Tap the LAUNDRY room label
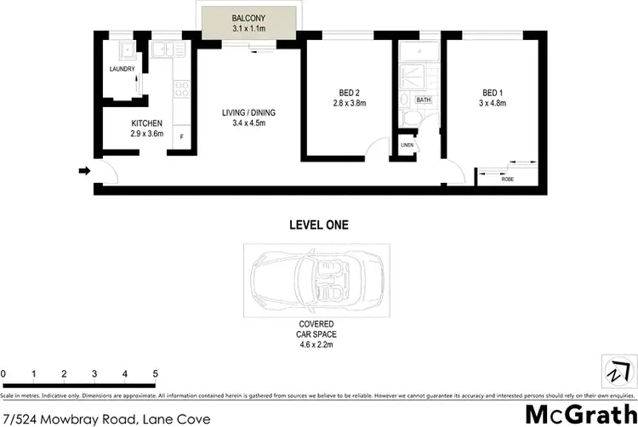120,70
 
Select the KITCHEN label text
122,123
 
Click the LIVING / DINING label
248,112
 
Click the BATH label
423,100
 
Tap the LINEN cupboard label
407,145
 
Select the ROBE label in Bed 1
507,179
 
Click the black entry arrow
84,171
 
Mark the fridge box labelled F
180,137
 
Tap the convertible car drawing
316,281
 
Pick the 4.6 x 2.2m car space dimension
316,345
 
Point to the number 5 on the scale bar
156,374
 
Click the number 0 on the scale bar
3,374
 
